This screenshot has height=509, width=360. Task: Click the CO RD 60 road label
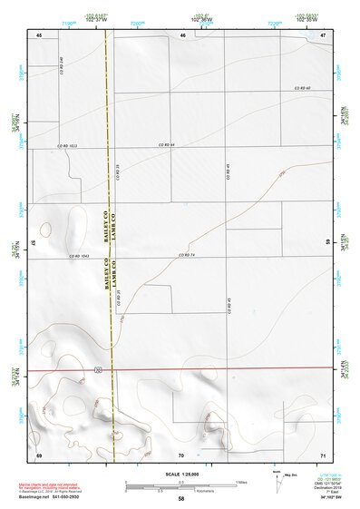[301, 88]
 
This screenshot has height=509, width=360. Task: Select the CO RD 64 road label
[164, 145]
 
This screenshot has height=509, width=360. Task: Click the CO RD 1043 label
[79, 257]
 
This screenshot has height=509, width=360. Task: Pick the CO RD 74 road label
[189, 257]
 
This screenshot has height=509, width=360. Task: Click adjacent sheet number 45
[39, 34]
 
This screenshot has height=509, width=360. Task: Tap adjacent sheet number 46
[182, 34]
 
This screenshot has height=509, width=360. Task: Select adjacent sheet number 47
[323, 34]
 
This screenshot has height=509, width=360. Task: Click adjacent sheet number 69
[39, 453]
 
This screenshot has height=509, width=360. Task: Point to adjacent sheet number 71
[323, 453]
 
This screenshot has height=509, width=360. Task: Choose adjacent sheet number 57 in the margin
[33, 243]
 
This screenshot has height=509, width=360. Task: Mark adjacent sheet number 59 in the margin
[328, 243]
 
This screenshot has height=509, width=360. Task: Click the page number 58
[181, 500]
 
